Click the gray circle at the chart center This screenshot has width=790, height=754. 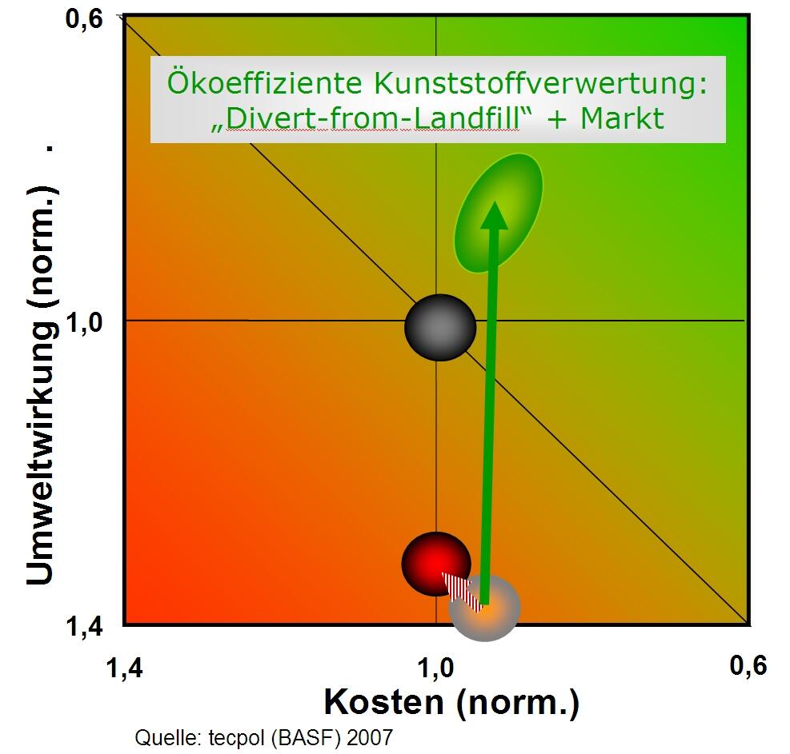(440, 326)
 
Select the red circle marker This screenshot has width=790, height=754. (435, 563)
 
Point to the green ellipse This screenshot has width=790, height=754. (499, 211)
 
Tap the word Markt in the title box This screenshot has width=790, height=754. (622, 118)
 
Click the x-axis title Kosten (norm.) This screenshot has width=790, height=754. (451, 703)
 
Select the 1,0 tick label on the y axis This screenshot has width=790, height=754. (84, 322)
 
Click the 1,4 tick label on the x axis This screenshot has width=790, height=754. (125, 666)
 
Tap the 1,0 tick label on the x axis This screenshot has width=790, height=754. (437, 666)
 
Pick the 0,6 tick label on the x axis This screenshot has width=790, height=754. (748, 666)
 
